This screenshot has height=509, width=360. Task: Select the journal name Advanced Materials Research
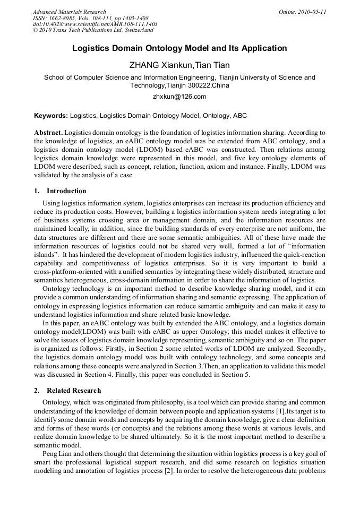click(x=69, y=12)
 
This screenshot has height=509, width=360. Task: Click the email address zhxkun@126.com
click(x=179, y=97)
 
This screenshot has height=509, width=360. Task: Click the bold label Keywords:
click(x=51, y=115)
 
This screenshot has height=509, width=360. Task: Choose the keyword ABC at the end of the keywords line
click(x=239, y=115)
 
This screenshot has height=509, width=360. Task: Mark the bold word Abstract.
click(x=48, y=132)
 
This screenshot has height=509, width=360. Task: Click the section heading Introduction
click(x=66, y=191)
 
